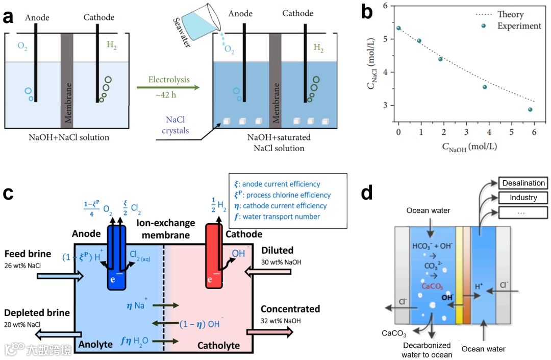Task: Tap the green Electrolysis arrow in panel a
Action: pyautogui.click(x=168, y=88)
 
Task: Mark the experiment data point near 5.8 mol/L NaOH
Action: pyautogui.click(x=530, y=109)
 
